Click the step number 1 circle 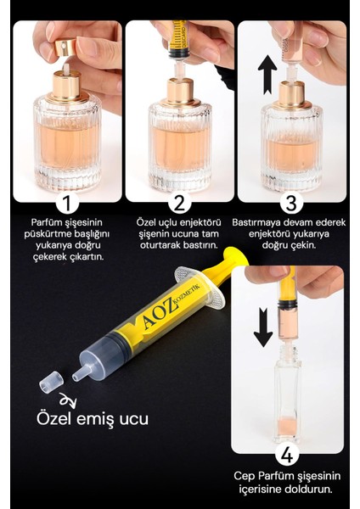point(67,203)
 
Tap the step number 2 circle point(179,203)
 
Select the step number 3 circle point(291,203)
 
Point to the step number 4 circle point(287,456)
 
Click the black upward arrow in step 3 point(267,75)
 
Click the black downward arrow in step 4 point(263,327)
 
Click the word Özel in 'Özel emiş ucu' point(53,418)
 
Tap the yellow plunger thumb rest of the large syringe point(237,256)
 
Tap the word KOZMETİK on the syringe point(188,294)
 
